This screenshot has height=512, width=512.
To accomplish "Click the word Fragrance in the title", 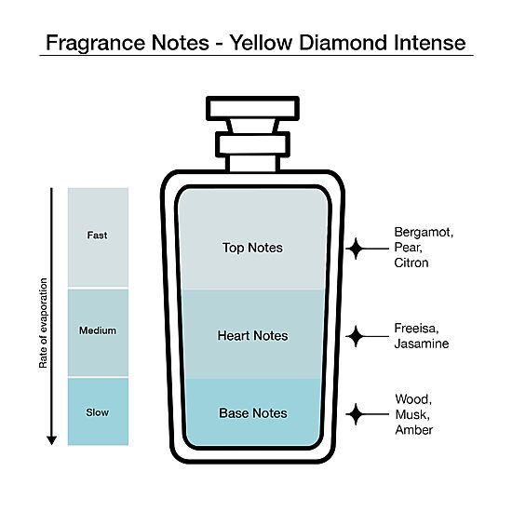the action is pyautogui.click(x=96, y=43).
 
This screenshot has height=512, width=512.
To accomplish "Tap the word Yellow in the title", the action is pyautogui.click(x=262, y=43).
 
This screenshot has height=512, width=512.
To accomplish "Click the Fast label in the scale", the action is pyautogui.click(x=98, y=236).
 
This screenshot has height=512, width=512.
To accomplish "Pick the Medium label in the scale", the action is pyautogui.click(x=98, y=330).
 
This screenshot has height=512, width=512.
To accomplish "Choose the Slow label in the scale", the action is pyautogui.click(x=98, y=412).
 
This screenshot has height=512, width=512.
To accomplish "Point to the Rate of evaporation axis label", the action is pyautogui.click(x=43, y=323).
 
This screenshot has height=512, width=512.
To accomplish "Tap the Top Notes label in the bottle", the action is pyautogui.click(x=252, y=248).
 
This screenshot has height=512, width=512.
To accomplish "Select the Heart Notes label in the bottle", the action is pyautogui.click(x=252, y=336).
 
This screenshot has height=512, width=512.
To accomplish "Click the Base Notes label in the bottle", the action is pyautogui.click(x=253, y=413).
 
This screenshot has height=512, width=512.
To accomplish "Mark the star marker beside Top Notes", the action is pyautogui.click(x=356, y=249).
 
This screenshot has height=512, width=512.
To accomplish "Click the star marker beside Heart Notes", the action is pyautogui.click(x=356, y=336).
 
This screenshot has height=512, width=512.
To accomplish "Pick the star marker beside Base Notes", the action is pyautogui.click(x=356, y=414).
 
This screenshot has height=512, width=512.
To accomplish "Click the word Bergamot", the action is pyautogui.click(x=424, y=233).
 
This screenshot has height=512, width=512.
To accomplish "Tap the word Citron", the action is pyautogui.click(x=411, y=263).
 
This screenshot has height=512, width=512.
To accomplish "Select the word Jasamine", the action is pyautogui.click(x=422, y=344).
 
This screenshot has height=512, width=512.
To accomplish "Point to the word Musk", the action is pyautogui.click(x=412, y=414).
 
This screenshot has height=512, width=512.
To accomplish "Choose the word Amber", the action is pyautogui.click(x=414, y=430).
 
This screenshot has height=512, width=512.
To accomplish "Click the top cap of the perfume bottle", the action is pyautogui.click(x=252, y=109).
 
